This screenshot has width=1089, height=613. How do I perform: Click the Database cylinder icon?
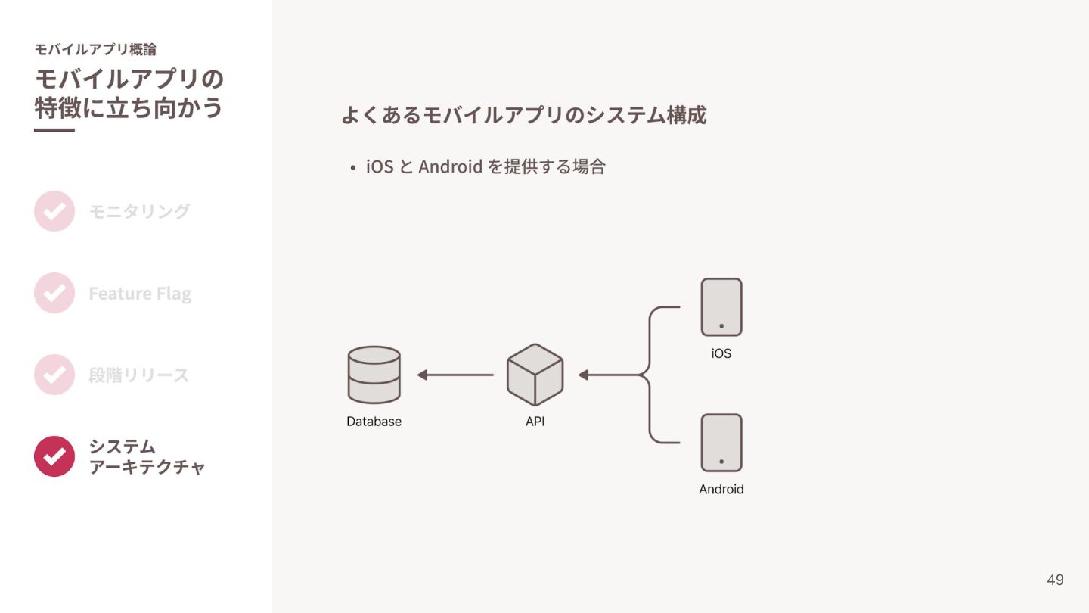tap(374, 375)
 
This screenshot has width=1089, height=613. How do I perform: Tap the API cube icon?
tap(535, 375)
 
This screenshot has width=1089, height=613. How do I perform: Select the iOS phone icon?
tap(721, 307)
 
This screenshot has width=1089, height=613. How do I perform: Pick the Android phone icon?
tap(721, 443)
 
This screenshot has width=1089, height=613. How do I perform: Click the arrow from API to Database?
tap(455, 375)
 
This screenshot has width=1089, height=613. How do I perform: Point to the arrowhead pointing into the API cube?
tap(583, 375)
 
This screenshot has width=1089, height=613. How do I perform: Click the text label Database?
tap(374, 422)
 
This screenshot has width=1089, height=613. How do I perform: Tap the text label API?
tap(535, 422)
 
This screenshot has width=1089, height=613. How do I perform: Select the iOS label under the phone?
tap(721, 353)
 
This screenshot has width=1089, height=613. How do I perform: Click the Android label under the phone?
tap(721, 490)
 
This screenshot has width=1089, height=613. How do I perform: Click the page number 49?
tap(1055, 580)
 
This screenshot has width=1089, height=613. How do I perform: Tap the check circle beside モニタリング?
tap(54, 211)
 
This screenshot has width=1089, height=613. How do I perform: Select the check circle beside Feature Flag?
tap(54, 293)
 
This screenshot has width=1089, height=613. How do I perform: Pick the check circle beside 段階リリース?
tap(54, 375)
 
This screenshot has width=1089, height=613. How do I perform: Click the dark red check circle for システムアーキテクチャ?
tap(54, 456)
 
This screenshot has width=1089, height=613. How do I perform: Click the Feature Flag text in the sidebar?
tap(140, 294)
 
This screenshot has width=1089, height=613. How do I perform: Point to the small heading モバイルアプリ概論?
tap(95, 49)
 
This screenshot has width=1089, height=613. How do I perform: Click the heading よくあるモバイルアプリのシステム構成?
tap(524, 115)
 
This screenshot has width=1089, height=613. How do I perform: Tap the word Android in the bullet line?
tap(450, 166)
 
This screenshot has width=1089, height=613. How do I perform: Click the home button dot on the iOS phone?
tap(721, 326)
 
